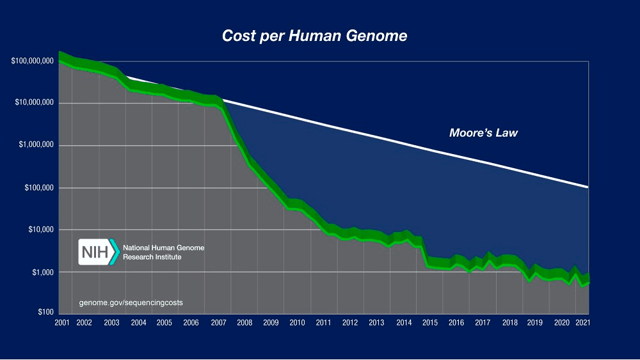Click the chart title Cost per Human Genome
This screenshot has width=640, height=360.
click(x=314, y=36)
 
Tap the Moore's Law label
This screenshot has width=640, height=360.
click(x=483, y=134)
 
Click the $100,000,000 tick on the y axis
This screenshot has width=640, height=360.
click(x=32, y=61)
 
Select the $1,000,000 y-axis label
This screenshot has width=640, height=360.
click(x=36, y=146)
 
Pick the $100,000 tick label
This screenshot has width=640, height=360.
click(x=38, y=188)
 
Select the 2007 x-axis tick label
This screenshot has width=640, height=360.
click(x=218, y=323)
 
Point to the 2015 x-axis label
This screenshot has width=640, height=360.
click(x=430, y=323)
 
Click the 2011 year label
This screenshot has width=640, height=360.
click(x=324, y=323)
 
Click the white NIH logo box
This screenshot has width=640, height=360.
click(x=94, y=252)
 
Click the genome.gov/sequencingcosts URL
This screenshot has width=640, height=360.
click(x=131, y=302)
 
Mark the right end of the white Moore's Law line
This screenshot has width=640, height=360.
click(x=587, y=187)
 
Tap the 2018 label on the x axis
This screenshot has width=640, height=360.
click(x=510, y=323)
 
